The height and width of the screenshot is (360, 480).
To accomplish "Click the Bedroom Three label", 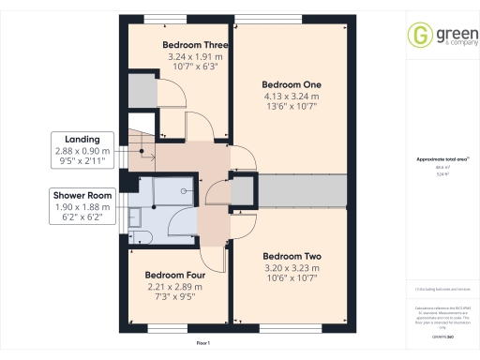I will (x=195, y=44).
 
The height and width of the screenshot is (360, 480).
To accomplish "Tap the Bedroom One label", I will (x=290, y=83).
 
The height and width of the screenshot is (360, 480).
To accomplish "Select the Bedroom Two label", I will (x=292, y=256).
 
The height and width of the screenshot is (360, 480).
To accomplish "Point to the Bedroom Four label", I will (x=175, y=275).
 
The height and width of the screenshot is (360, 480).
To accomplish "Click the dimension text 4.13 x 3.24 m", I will (x=290, y=96).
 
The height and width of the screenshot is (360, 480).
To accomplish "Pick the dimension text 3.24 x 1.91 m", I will (x=195, y=56).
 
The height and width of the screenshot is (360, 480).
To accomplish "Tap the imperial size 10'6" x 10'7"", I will (x=292, y=278).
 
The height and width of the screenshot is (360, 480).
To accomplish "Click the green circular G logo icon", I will (x=419, y=35).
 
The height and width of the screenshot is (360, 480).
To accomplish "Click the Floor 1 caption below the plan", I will (x=202, y=344).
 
